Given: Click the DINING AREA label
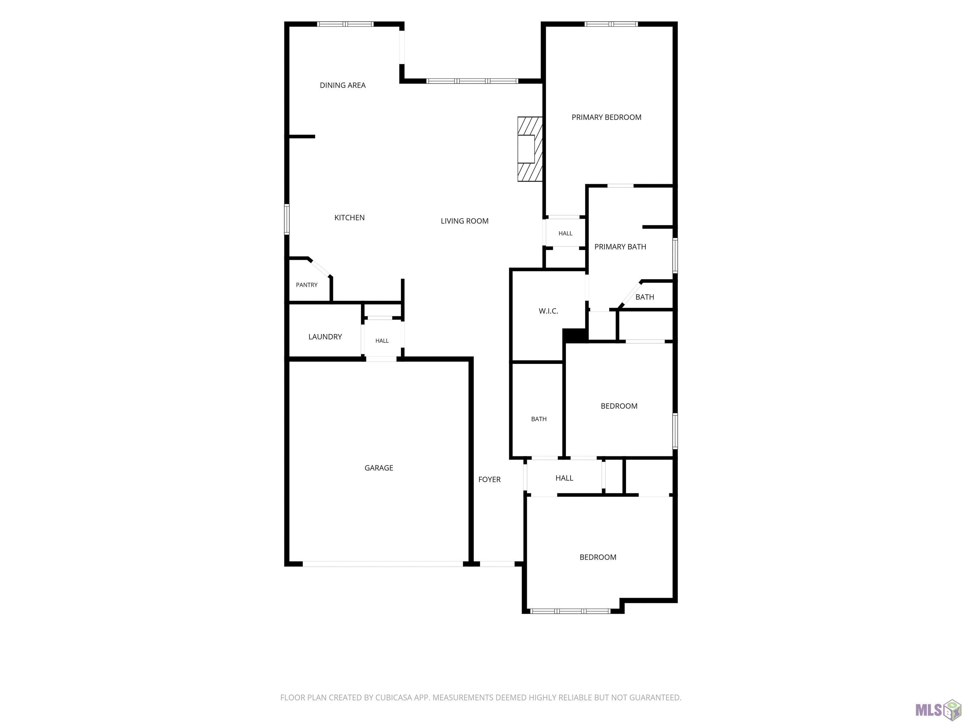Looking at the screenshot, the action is tap(343, 85).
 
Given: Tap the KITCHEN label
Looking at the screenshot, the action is tap(349, 217).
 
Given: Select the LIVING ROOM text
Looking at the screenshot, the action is tap(464, 221).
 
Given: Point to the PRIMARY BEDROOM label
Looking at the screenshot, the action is tap(606, 117).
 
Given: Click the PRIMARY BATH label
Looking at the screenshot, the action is tap(620, 247).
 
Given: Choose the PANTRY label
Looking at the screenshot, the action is tap(307, 285).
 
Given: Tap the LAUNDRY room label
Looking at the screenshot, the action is tap(325, 337).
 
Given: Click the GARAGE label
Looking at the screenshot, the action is tap(379, 468).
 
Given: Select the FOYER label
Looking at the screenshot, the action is tap(489, 479).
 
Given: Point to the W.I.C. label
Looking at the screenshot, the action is tap(548, 311).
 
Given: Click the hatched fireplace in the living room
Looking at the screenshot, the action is tap(530, 149).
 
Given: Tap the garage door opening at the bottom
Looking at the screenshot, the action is tap(383, 564).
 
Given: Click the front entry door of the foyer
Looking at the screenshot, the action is tap(497, 564).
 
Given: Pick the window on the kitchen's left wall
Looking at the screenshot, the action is tap(287, 219).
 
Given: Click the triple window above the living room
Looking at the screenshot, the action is tap(472, 81).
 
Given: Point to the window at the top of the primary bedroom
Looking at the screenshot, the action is tap(611, 24).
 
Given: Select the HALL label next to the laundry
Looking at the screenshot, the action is tap(382, 341).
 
